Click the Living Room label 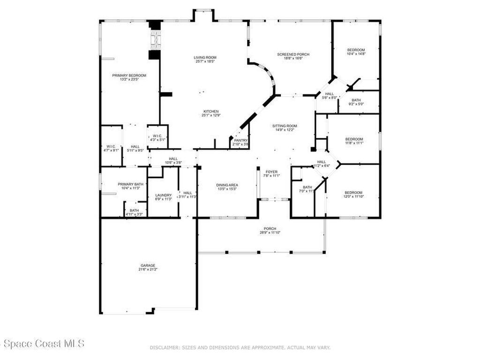(x=205, y=58)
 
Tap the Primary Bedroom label (x=129, y=75)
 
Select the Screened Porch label (x=293, y=54)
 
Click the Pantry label (x=240, y=140)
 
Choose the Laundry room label (x=163, y=195)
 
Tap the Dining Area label (x=227, y=185)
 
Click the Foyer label (x=272, y=172)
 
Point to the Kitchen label (x=210, y=111)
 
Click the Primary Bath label (x=130, y=184)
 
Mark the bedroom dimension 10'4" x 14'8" (x=356, y=54)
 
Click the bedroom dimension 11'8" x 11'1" (x=354, y=143)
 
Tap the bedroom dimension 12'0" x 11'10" (x=353, y=197)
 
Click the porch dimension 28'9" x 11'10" (x=270, y=232)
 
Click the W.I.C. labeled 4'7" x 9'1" (x=111, y=151)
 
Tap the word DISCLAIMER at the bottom (x=164, y=347)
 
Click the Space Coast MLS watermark (x=42, y=344)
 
